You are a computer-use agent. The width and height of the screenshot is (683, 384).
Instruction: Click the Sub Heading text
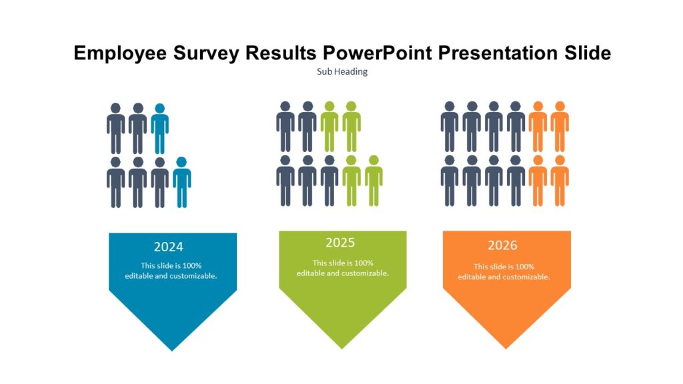coord(342,72)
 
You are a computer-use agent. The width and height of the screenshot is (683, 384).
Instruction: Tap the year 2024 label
coord(168,247)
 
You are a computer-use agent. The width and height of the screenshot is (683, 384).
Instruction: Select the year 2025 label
coord(340,243)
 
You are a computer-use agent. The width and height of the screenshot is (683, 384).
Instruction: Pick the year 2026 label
coord(502,245)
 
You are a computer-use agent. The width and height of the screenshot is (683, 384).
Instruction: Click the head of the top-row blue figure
coord(159,108)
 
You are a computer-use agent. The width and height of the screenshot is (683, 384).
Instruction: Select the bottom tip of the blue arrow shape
coord(172,350)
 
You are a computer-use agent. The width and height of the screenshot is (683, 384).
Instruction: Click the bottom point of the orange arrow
coord(506,348)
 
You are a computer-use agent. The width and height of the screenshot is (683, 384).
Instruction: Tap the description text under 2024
coord(171,271)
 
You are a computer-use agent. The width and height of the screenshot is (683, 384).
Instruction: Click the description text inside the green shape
coord(342,268)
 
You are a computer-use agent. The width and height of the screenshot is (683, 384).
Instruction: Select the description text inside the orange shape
coord(504,271)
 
